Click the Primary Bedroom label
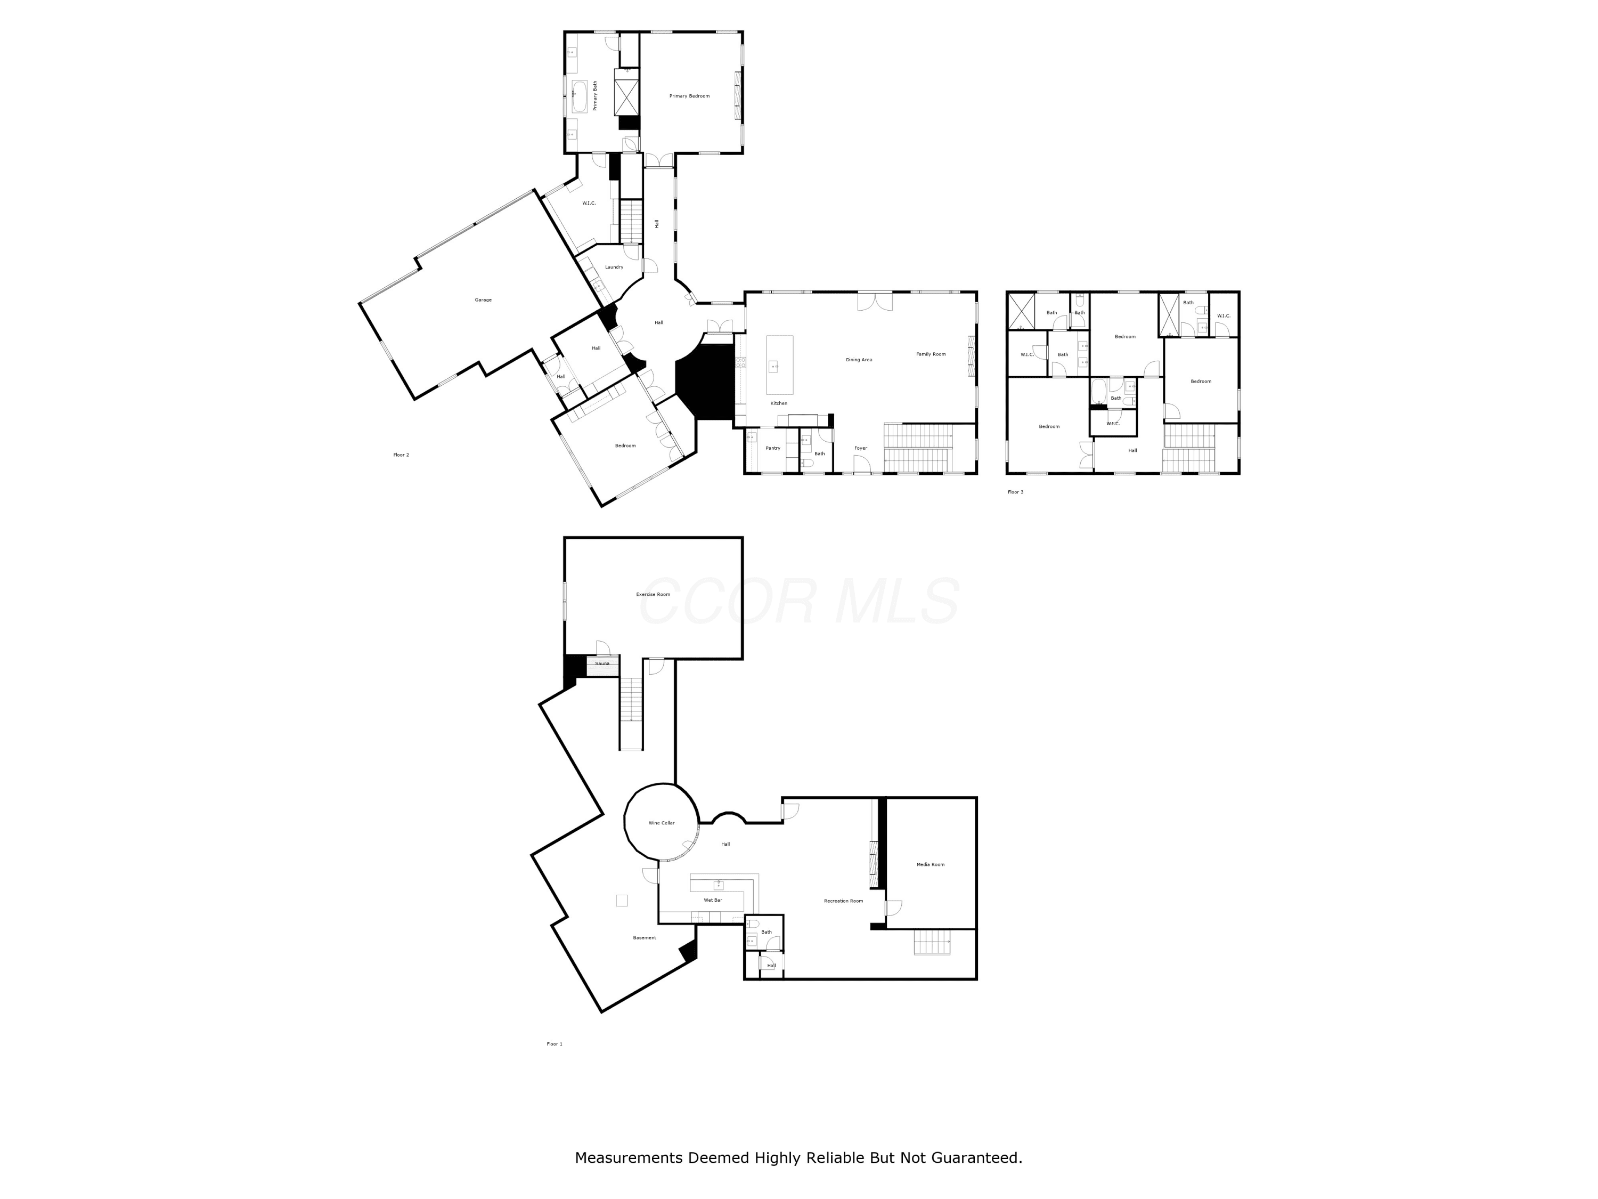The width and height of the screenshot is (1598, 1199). coord(689,96)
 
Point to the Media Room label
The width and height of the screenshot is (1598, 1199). coord(931,864)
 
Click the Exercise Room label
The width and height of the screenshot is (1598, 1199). coord(653,594)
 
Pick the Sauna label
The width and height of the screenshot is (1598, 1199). coord(602,663)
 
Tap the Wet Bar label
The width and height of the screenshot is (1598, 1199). coord(713,900)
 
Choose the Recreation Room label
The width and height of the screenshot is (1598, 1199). coord(844,901)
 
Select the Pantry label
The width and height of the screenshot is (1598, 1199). coord(773,448)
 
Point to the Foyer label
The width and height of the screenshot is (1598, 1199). coord(860,448)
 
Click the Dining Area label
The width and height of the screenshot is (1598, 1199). coord(859,360)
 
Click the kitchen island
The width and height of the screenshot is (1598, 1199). coord(779,365)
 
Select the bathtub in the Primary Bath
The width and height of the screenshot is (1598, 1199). coord(580,96)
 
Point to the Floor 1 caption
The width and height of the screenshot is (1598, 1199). coord(554,1043)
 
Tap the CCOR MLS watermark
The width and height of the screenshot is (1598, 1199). coord(799,601)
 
